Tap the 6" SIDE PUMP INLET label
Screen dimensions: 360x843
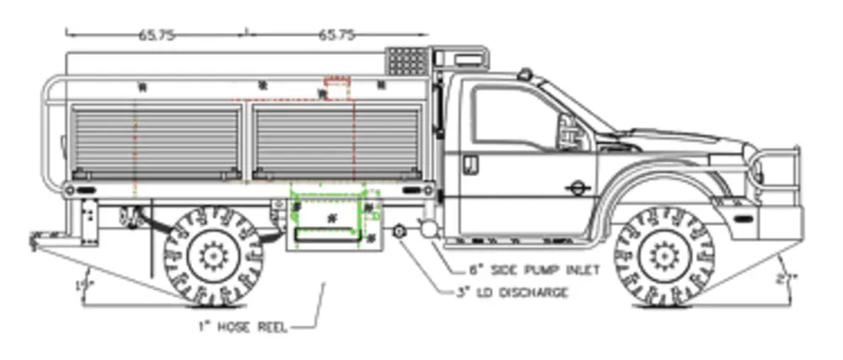(x=534, y=271)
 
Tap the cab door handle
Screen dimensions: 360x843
(x=470, y=162)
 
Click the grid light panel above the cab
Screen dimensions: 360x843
(x=407, y=62)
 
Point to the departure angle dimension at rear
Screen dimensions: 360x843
(x=81, y=285)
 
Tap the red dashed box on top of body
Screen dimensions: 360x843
(x=337, y=89)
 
